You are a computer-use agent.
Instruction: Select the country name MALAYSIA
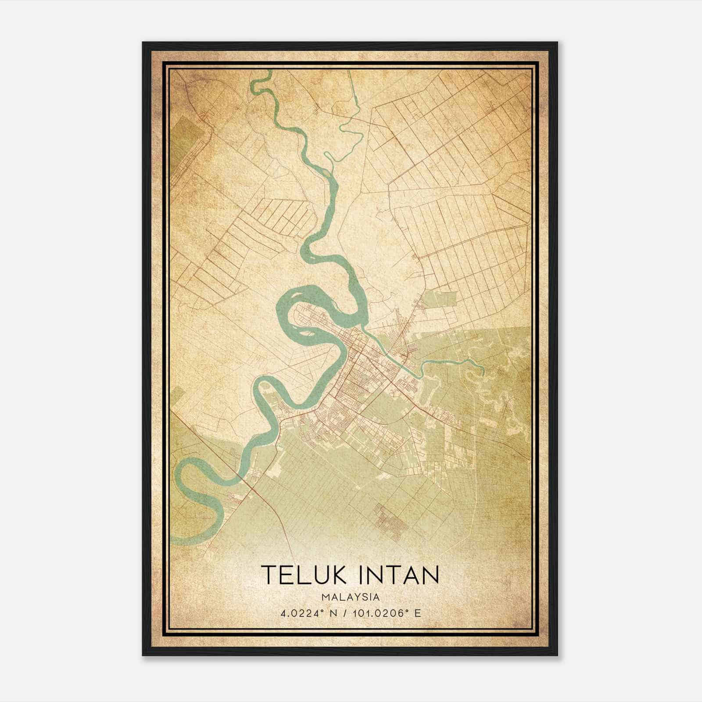(x=351, y=597)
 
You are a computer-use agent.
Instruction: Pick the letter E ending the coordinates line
(x=418, y=613)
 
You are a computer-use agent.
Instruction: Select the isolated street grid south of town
(x=390, y=520)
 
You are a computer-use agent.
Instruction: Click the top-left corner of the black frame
(x=143, y=43)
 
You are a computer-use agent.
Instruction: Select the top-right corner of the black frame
(x=557, y=43)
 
